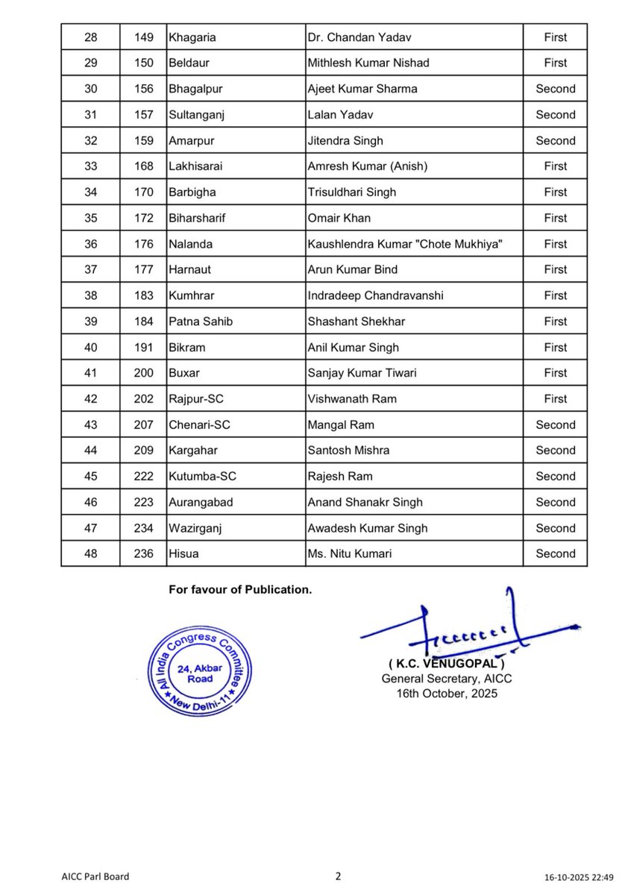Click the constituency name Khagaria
point(192,37)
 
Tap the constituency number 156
point(144,89)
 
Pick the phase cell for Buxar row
point(555,373)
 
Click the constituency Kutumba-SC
point(201,476)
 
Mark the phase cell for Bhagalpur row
point(555,89)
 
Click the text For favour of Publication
point(239,589)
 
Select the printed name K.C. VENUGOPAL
point(446,664)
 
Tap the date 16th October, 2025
point(446,693)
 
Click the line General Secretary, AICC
point(446,679)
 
